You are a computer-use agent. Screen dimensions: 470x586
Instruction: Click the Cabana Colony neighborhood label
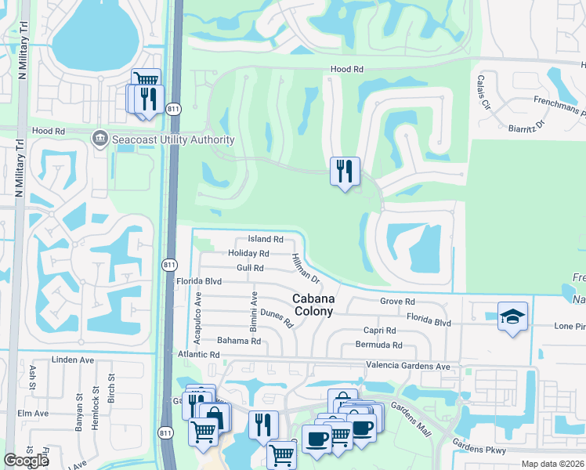[313, 305]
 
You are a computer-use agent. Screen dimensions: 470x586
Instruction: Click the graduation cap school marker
[512, 316]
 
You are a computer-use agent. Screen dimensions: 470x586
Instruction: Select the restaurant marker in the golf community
[345, 172]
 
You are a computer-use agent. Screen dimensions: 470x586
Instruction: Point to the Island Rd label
[265, 239]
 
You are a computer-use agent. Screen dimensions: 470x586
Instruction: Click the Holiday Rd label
[248, 254]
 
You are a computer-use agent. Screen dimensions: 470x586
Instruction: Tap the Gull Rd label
[250, 268]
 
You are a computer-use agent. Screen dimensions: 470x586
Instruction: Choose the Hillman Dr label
[306, 269]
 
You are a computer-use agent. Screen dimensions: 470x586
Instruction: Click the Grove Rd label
[396, 302]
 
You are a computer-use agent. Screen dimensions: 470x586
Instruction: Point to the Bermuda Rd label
[378, 345]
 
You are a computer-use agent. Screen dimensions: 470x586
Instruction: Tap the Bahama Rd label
[238, 341]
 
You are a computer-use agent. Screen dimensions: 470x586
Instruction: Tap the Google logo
[26, 461]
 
